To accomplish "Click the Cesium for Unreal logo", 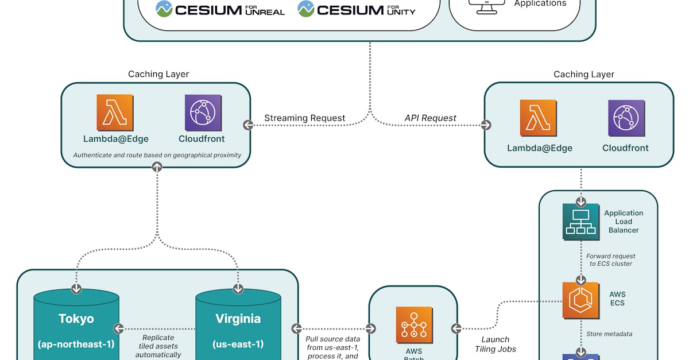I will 220,9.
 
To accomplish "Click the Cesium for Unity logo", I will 357,9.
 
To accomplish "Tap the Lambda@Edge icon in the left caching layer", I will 115,113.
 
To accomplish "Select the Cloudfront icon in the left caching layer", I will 202,113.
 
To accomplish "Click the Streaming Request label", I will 304,118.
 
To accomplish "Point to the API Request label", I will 430,118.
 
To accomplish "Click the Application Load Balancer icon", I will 580,221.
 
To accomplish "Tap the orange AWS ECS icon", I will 580,300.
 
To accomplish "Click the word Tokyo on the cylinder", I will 76,319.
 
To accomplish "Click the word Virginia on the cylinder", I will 238,319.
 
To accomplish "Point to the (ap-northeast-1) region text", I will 76,344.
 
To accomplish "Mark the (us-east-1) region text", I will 238,344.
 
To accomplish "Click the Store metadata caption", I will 609,334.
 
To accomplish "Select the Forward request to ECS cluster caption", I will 610,260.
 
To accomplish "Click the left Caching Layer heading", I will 158,74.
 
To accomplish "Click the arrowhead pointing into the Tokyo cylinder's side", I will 119,328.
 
